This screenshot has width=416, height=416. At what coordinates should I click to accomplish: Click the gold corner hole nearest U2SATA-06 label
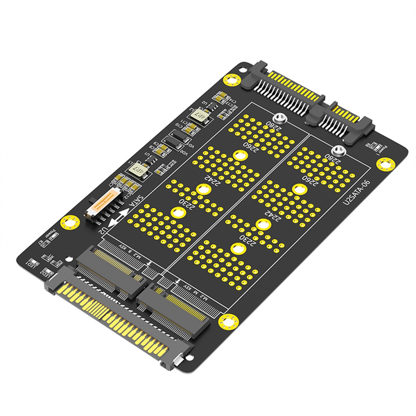click(383, 163)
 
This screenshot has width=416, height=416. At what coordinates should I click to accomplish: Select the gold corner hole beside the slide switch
click(67, 223)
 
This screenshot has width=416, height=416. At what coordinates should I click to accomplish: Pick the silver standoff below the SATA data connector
click(338, 152)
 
